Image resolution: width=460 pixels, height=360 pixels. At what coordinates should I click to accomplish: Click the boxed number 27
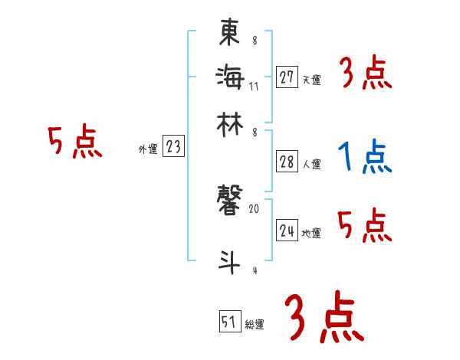click(x=287, y=77)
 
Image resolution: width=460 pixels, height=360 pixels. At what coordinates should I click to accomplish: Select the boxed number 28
click(x=287, y=161)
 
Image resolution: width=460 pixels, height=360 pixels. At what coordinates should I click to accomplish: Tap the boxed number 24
click(x=287, y=231)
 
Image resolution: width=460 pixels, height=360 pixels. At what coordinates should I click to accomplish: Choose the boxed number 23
click(x=173, y=146)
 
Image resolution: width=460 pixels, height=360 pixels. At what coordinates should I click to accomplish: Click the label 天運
click(x=311, y=80)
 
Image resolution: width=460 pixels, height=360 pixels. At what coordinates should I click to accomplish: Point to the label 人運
click(x=311, y=164)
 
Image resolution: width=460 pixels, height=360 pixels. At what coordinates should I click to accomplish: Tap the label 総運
click(x=255, y=325)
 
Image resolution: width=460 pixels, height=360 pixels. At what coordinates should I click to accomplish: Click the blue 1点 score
click(x=364, y=157)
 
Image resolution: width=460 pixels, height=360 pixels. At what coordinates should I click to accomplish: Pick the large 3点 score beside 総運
click(x=324, y=317)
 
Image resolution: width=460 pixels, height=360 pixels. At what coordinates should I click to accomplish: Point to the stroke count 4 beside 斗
click(x=254, y=270)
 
